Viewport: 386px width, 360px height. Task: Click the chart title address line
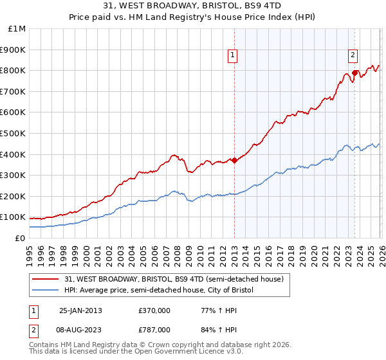click(x=192, y=6)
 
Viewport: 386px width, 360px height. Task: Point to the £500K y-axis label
click(x=14, y=134)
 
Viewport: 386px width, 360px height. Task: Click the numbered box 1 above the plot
click(x=233, y=56)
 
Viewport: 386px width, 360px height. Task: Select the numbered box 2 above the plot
click(x=353, y=56)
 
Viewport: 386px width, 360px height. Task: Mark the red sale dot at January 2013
click(x=234, y=161)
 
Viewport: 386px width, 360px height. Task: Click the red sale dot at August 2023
click(x=354, y=73)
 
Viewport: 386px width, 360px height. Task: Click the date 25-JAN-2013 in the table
click(x=80, y=310)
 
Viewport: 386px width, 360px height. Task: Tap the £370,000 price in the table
click(x=154, y=310)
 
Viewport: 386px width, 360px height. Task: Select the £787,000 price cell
click(x=154, y=329)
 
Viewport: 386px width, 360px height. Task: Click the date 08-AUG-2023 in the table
click(x=80, y=329)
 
